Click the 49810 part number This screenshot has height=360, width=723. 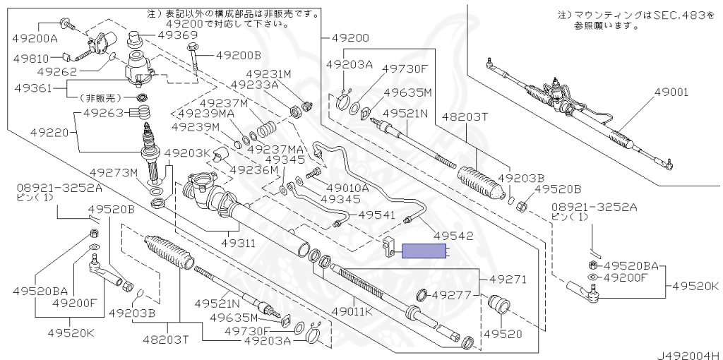pyautogui.click(x=32, y=59)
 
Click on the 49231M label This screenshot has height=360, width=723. pyautogui.click(x=268, y=73)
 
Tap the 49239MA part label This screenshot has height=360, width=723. pyautogui.click(x=205, y=113)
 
